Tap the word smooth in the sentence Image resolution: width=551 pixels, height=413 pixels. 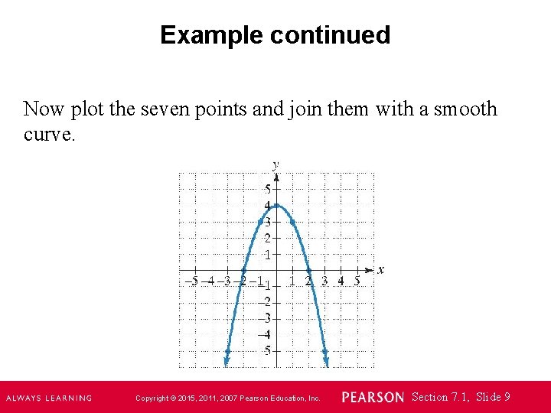pyautogui.click(x=465, y=109)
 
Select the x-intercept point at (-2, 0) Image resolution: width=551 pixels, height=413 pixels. pyautogui.click(x=244, y=270)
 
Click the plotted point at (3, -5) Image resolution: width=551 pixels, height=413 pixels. pyautogui.click(x=325, y=352)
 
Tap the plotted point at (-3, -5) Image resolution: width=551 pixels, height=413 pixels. pyautogui.click(x=227, y=352)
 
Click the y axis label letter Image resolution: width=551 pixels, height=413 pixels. pyautogui.click(x=275, y=164)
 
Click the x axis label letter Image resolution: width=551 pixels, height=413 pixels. pyautogui.click(x=381, y=269)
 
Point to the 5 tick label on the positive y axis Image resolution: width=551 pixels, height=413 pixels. pyautogui.click(x=267, y=189)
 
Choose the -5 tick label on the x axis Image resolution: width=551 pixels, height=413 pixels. pyautogui.click(x=192, y=281)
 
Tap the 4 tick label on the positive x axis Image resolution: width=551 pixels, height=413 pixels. pyautogui.click(x=341, y=281)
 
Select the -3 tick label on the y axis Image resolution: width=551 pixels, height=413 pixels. pyautogui.click(x=264, y=317)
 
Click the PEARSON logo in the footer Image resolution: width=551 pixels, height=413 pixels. pyautogui.click(x=373, y=398)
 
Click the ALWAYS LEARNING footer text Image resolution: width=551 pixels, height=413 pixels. pyautogui.click(x=49, y=398)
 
